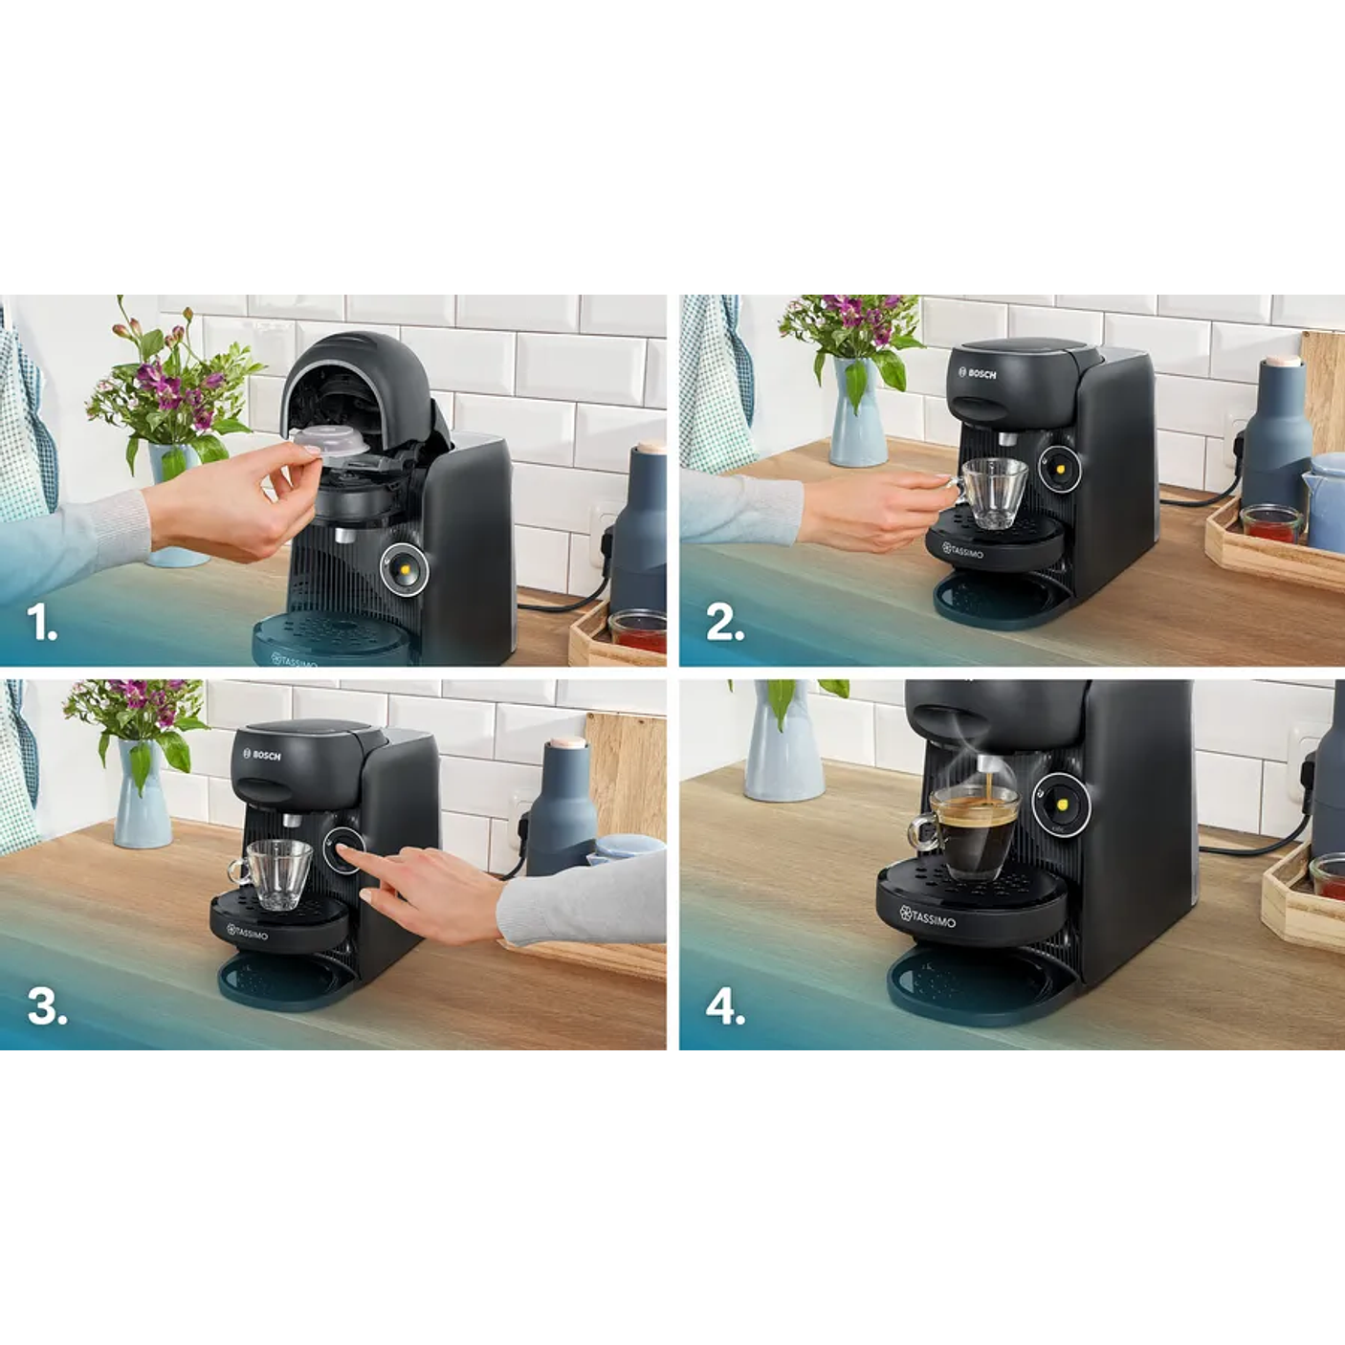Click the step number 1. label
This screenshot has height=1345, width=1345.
coord(42,624)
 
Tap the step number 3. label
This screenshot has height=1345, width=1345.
coord(47,1006)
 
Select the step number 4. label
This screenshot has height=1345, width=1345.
coord(725,1007)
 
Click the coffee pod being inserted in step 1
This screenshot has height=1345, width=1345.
coord(329,446)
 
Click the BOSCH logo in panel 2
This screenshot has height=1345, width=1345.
coord(977,373)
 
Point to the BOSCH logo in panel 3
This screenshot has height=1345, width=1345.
coord(261,755)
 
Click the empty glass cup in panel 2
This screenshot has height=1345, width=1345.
coord(992,491)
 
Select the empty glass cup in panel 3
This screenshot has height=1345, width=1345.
coord(276,872)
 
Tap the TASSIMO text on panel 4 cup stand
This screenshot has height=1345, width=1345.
coord(927,917)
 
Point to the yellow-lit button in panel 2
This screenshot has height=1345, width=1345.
coord(1059,468)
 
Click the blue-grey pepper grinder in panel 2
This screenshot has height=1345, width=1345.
coord(1276,430)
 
